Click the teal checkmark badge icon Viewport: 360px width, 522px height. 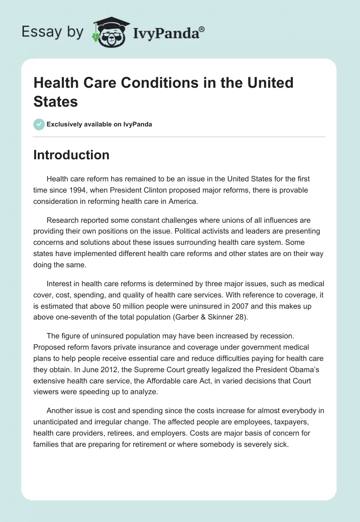click(x=39, y=124)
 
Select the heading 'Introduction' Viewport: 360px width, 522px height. click(x=71, y=155)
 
